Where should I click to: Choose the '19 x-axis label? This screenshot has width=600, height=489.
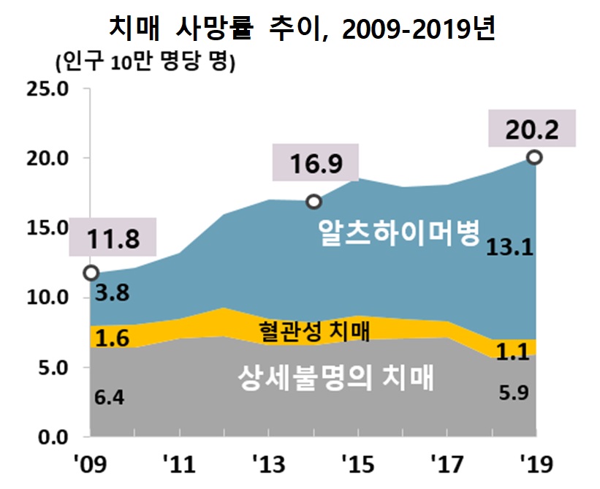coord(536,465)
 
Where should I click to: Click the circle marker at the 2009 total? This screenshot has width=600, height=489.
coord(91,273)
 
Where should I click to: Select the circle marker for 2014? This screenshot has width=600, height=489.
coord(314,201)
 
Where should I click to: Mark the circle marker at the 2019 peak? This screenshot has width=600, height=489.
coord(535,157)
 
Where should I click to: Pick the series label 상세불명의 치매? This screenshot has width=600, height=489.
coord(337,379)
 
